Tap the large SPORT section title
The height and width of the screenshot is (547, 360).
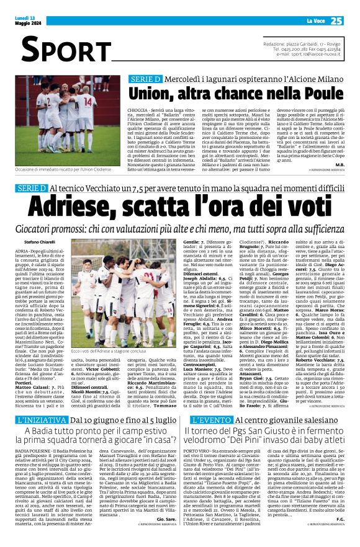click(56, 49)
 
